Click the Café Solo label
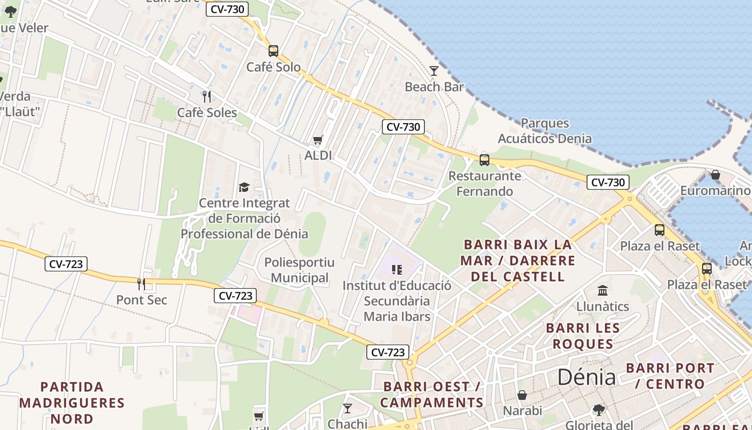pos(273,67)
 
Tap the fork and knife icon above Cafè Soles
pos(207,96)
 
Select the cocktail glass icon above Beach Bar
pos(434,70)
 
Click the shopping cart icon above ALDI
pos(318,140)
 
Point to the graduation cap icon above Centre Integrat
pos(244,187)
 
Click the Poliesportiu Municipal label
pos(299,270)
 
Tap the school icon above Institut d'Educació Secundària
pos(397,270)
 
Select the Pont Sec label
pos(142,300)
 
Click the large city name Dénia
pos(586,377)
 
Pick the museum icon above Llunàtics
pos(603,290)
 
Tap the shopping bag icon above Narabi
pos(522,395)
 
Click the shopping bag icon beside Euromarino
pos(715,175)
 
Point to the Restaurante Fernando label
pos(485,183)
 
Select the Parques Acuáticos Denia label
pos(545,131)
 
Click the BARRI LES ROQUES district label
pos(583,336)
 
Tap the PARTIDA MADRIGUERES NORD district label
pos(72,403)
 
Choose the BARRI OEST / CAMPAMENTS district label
pos(432,395)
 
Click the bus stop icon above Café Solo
pos(273,51)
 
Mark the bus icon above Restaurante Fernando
pos(485,160)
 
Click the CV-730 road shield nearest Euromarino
pos(608,182)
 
